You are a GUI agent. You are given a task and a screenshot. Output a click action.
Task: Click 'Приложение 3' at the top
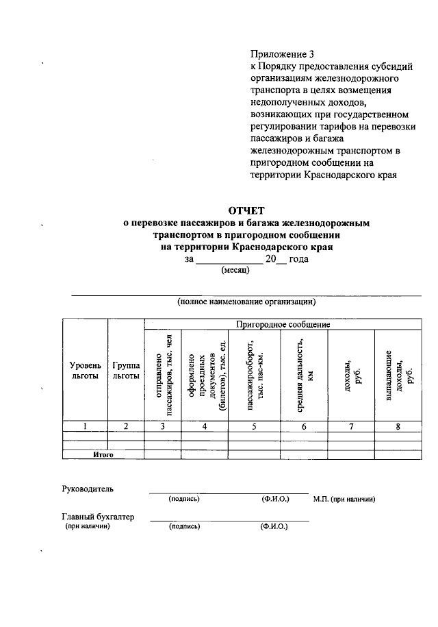[x=281, y=53]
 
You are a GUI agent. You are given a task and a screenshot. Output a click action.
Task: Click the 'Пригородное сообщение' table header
[x=283, y=323]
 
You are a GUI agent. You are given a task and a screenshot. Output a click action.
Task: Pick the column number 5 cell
[x=254, y=426]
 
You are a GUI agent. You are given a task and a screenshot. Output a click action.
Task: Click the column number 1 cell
[x=85, y=426]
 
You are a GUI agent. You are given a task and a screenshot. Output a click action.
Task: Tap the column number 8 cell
[x=398, y=426]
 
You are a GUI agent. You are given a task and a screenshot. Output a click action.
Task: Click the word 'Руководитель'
[x=88, y=489]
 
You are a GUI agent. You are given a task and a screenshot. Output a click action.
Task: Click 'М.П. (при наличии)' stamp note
[x=344, y=500]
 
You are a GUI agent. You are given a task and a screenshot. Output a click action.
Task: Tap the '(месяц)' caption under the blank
[x=235, y=270]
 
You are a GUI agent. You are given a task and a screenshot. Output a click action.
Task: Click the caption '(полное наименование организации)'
[x=246, y=301]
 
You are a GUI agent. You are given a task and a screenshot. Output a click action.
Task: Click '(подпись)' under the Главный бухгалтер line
[x=184, y=527]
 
